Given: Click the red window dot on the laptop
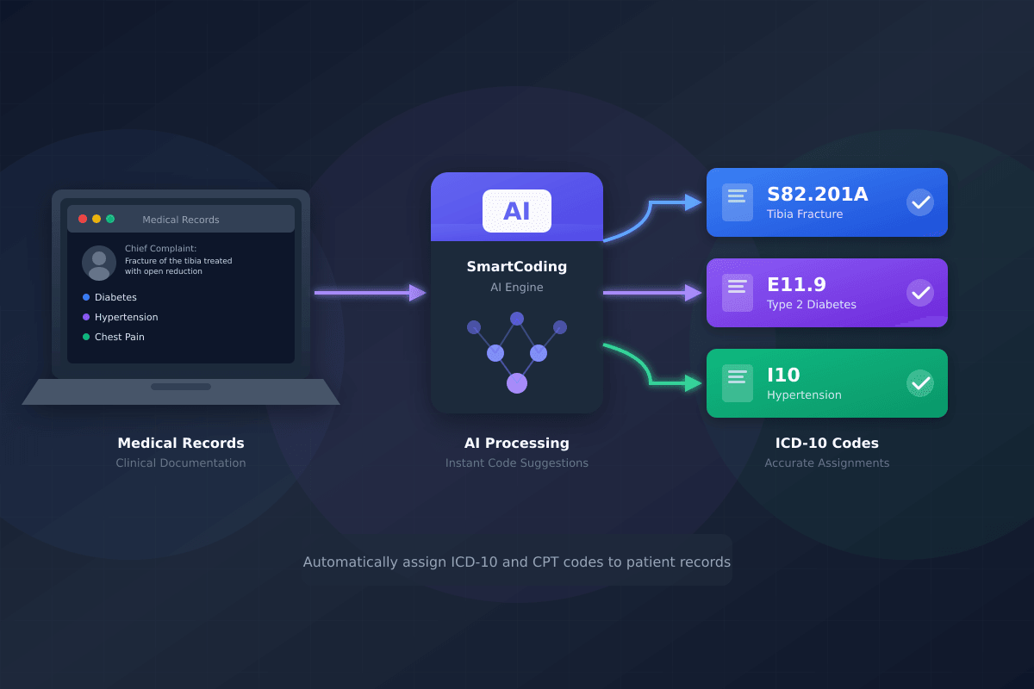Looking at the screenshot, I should coord(83,219).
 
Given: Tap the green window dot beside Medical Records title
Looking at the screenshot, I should coord(110,219).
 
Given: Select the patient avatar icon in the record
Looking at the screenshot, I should coord(99,263).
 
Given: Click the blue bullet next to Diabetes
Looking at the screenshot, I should coord(86,297).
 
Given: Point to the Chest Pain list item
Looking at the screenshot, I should coord(119,337).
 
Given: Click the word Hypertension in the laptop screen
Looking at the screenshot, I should coord(126,317).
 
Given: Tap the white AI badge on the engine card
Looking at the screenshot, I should coord(517,211).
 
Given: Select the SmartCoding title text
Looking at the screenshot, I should coord(517,267).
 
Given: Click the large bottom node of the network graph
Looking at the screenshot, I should coord(517,383).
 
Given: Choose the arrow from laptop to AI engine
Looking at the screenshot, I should coord(371,293).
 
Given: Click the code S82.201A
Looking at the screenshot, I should coord(817,195).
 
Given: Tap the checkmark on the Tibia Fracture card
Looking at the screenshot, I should coord(920,202).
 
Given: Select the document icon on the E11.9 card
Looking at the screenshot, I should coord(737,293).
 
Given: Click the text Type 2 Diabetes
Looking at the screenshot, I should coord(811,305).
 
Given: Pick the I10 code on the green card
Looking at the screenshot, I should coord(783,376).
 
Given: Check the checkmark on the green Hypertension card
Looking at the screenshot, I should coord(920,383).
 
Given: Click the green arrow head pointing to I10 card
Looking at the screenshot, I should coord(694,383).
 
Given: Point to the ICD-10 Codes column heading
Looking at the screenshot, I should coord(827,444).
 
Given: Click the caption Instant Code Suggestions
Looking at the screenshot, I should coord(517,463).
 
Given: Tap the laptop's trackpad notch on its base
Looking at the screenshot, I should coord(181,387).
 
